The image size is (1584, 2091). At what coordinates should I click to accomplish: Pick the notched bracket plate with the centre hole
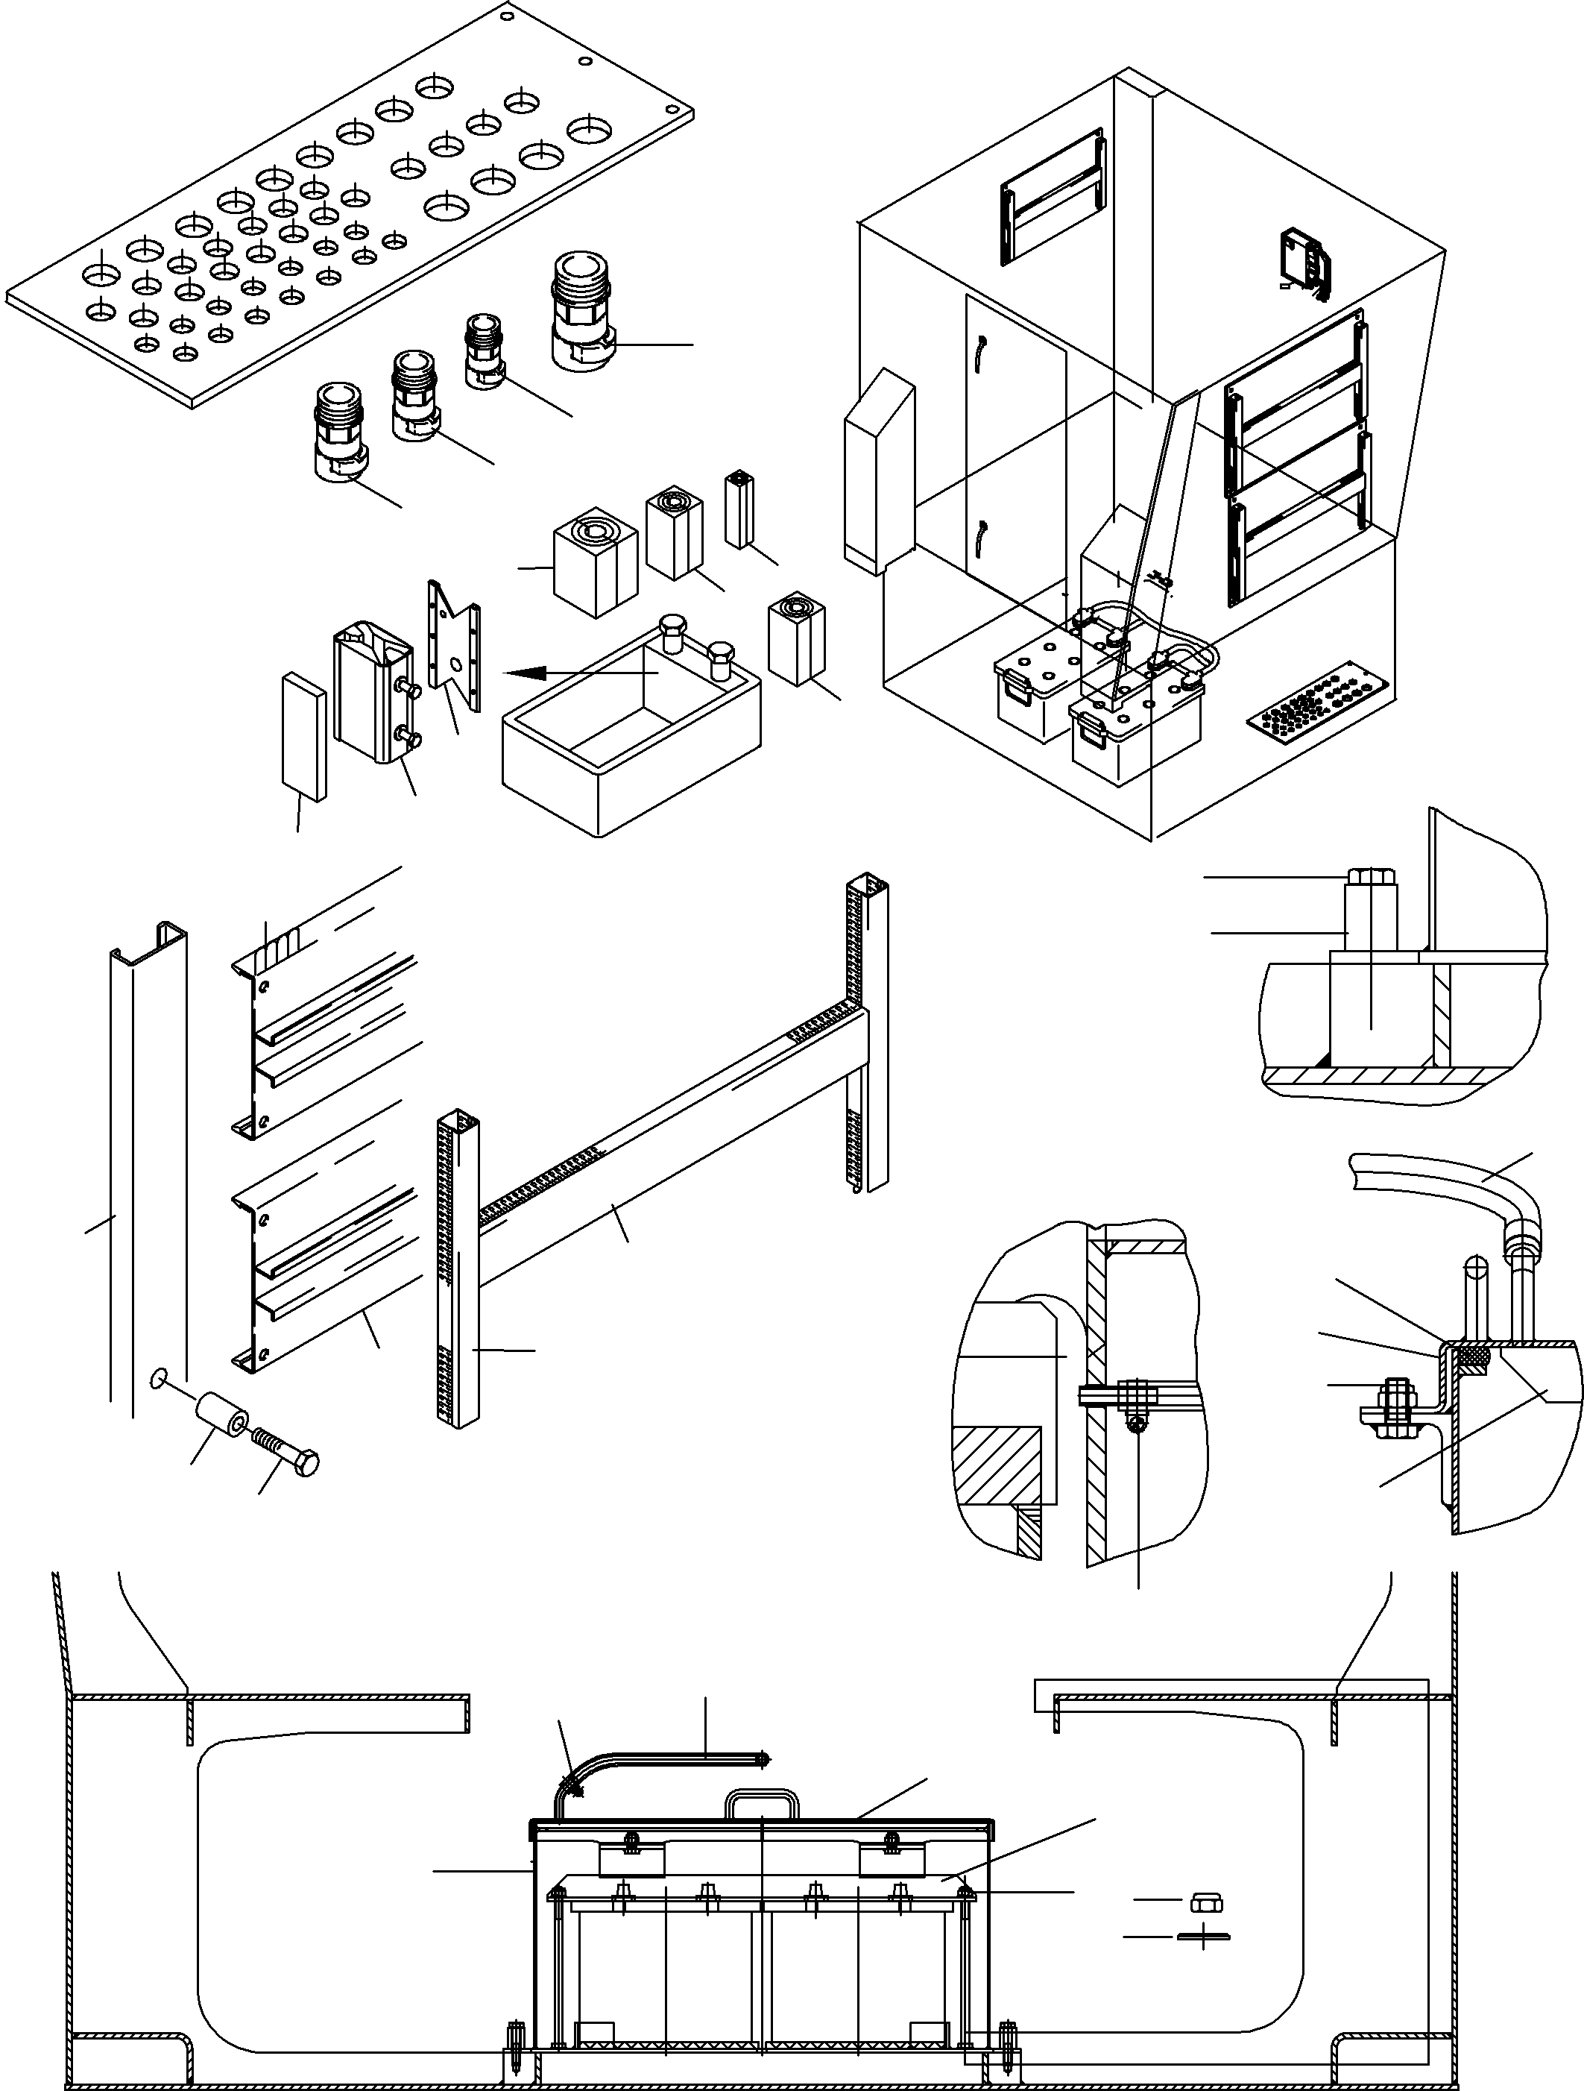click(x=455, y=647)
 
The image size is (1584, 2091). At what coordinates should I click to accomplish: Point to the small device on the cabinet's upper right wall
click(x=1302, y=259)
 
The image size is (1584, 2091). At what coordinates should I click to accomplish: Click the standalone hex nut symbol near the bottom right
click(x=1206, y=1899)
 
